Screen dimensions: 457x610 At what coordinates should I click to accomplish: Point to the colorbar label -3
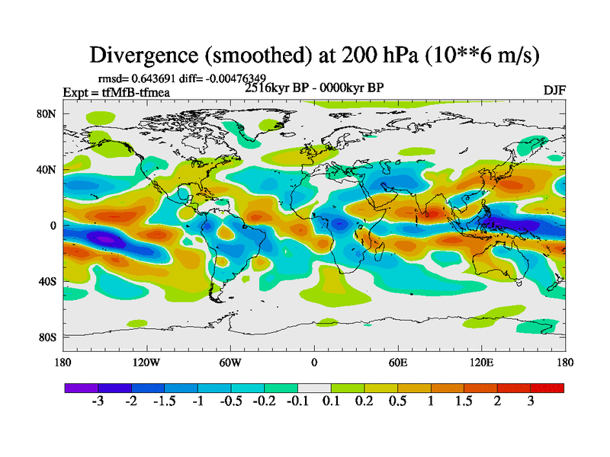(97, 401)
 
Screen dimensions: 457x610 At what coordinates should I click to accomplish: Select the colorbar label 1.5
(464, 401)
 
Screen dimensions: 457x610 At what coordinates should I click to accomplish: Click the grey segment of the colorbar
(314, 388)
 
